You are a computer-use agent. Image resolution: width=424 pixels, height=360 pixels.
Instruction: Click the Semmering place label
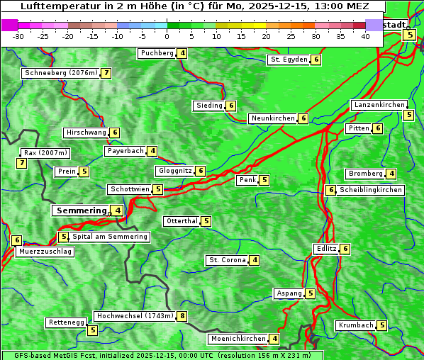click(x=81, y=210)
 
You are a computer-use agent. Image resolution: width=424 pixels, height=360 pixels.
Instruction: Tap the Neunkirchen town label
click(x=273, y=118)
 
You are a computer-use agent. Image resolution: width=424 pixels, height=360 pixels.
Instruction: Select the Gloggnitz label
click(x=174, y=171)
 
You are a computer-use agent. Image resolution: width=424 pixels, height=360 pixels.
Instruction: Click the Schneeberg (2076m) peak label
click(x=60, y=73)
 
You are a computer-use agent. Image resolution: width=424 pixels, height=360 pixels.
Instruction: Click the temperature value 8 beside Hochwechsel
click(x=182, y=316)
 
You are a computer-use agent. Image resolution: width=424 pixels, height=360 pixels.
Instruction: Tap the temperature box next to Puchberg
click(x=182, y=53)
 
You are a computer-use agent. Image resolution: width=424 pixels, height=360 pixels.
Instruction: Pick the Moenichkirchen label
click(x=238, y=339)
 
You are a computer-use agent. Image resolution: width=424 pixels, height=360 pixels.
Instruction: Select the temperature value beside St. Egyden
click(x=316, y=60)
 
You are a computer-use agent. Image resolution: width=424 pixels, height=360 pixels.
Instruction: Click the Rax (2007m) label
click(x=45, y=153)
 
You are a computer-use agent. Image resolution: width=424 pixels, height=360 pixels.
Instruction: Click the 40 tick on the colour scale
click(x=365, y=36)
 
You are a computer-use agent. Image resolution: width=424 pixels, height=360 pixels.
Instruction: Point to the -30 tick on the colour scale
click(x=18, y=36)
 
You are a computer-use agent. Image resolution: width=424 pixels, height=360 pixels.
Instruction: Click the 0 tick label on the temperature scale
click(x=167, y=36)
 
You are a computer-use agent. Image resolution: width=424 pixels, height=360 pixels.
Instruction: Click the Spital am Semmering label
click(x=110, y=237)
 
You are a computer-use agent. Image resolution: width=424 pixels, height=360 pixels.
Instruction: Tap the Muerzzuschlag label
click(x=45, y=252)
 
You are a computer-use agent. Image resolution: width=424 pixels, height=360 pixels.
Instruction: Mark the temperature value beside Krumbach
click(x=382, y=325)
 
